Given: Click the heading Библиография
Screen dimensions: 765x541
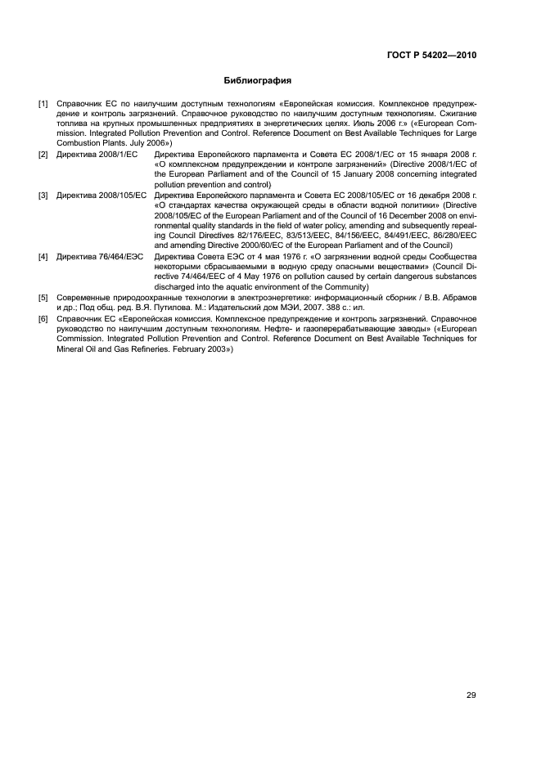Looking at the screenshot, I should coord(258,81).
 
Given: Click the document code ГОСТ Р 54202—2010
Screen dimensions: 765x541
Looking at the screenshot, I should coord(431,56).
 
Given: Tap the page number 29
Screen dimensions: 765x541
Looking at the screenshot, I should coord(471,695).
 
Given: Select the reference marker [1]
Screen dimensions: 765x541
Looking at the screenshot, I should coord(43,105).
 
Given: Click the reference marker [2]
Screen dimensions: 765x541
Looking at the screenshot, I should coord(43,154).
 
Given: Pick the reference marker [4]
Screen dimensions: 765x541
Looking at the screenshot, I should coord(43,257).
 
